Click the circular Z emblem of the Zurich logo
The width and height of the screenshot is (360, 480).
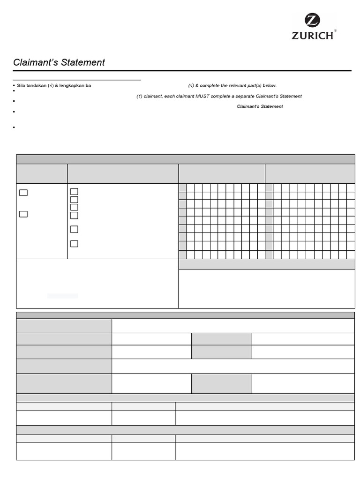(x=312, y=21)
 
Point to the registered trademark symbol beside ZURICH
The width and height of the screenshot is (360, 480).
(x=335, y=31)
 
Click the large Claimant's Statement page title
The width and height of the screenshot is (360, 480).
(x=59, y=62)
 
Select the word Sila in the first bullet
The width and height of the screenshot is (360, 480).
(x=21, y=86)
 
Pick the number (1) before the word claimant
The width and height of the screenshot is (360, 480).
(x=140, y=96)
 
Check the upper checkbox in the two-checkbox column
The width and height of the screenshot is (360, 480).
(x=23, y=192)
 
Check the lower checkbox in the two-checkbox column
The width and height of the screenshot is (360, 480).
(x=23, y=214)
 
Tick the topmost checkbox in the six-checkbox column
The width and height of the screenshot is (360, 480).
(x=74, y=191)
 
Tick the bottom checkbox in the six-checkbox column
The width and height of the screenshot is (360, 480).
(x=74, y=244)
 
